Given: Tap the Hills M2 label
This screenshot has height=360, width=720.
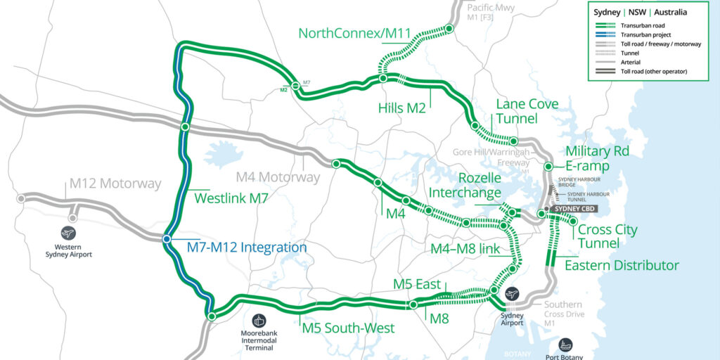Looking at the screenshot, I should pyautogui.click(x=402, y=108).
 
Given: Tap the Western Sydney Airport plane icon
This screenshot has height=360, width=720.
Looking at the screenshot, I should pyautogui.click(x=68, y=233).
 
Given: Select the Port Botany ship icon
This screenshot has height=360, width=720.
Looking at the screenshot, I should pyautogui.click(x=566, y=345).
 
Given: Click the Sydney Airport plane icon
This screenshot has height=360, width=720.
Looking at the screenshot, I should pyautogui.click(x=512, y=295).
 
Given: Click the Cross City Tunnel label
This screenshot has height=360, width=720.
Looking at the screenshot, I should pyautogui.click(x=607, y=236).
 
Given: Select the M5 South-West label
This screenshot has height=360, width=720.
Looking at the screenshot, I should pyautogui.click(x=348, y=328).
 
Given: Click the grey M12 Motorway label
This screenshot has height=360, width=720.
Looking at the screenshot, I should pyautogui.click(x=115, y=184).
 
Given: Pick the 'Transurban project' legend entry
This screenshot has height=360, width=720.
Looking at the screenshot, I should pyautogui.click(x=649, y=34).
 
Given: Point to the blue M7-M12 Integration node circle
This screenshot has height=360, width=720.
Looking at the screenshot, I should pyautogui.click(x=167, y=239).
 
